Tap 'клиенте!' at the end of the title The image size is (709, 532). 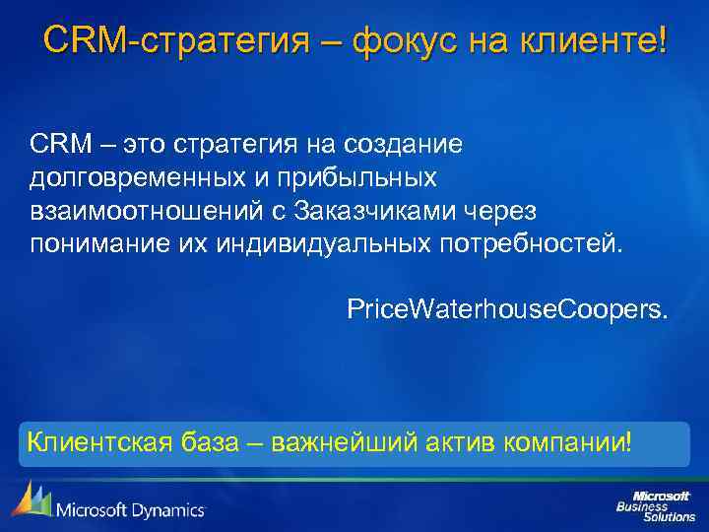(599, 41)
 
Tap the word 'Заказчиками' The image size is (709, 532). (380, 211)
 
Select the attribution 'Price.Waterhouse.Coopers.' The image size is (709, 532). (506, 310)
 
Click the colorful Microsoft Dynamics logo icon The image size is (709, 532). (31, 500)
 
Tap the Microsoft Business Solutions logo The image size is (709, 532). (655, 504)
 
